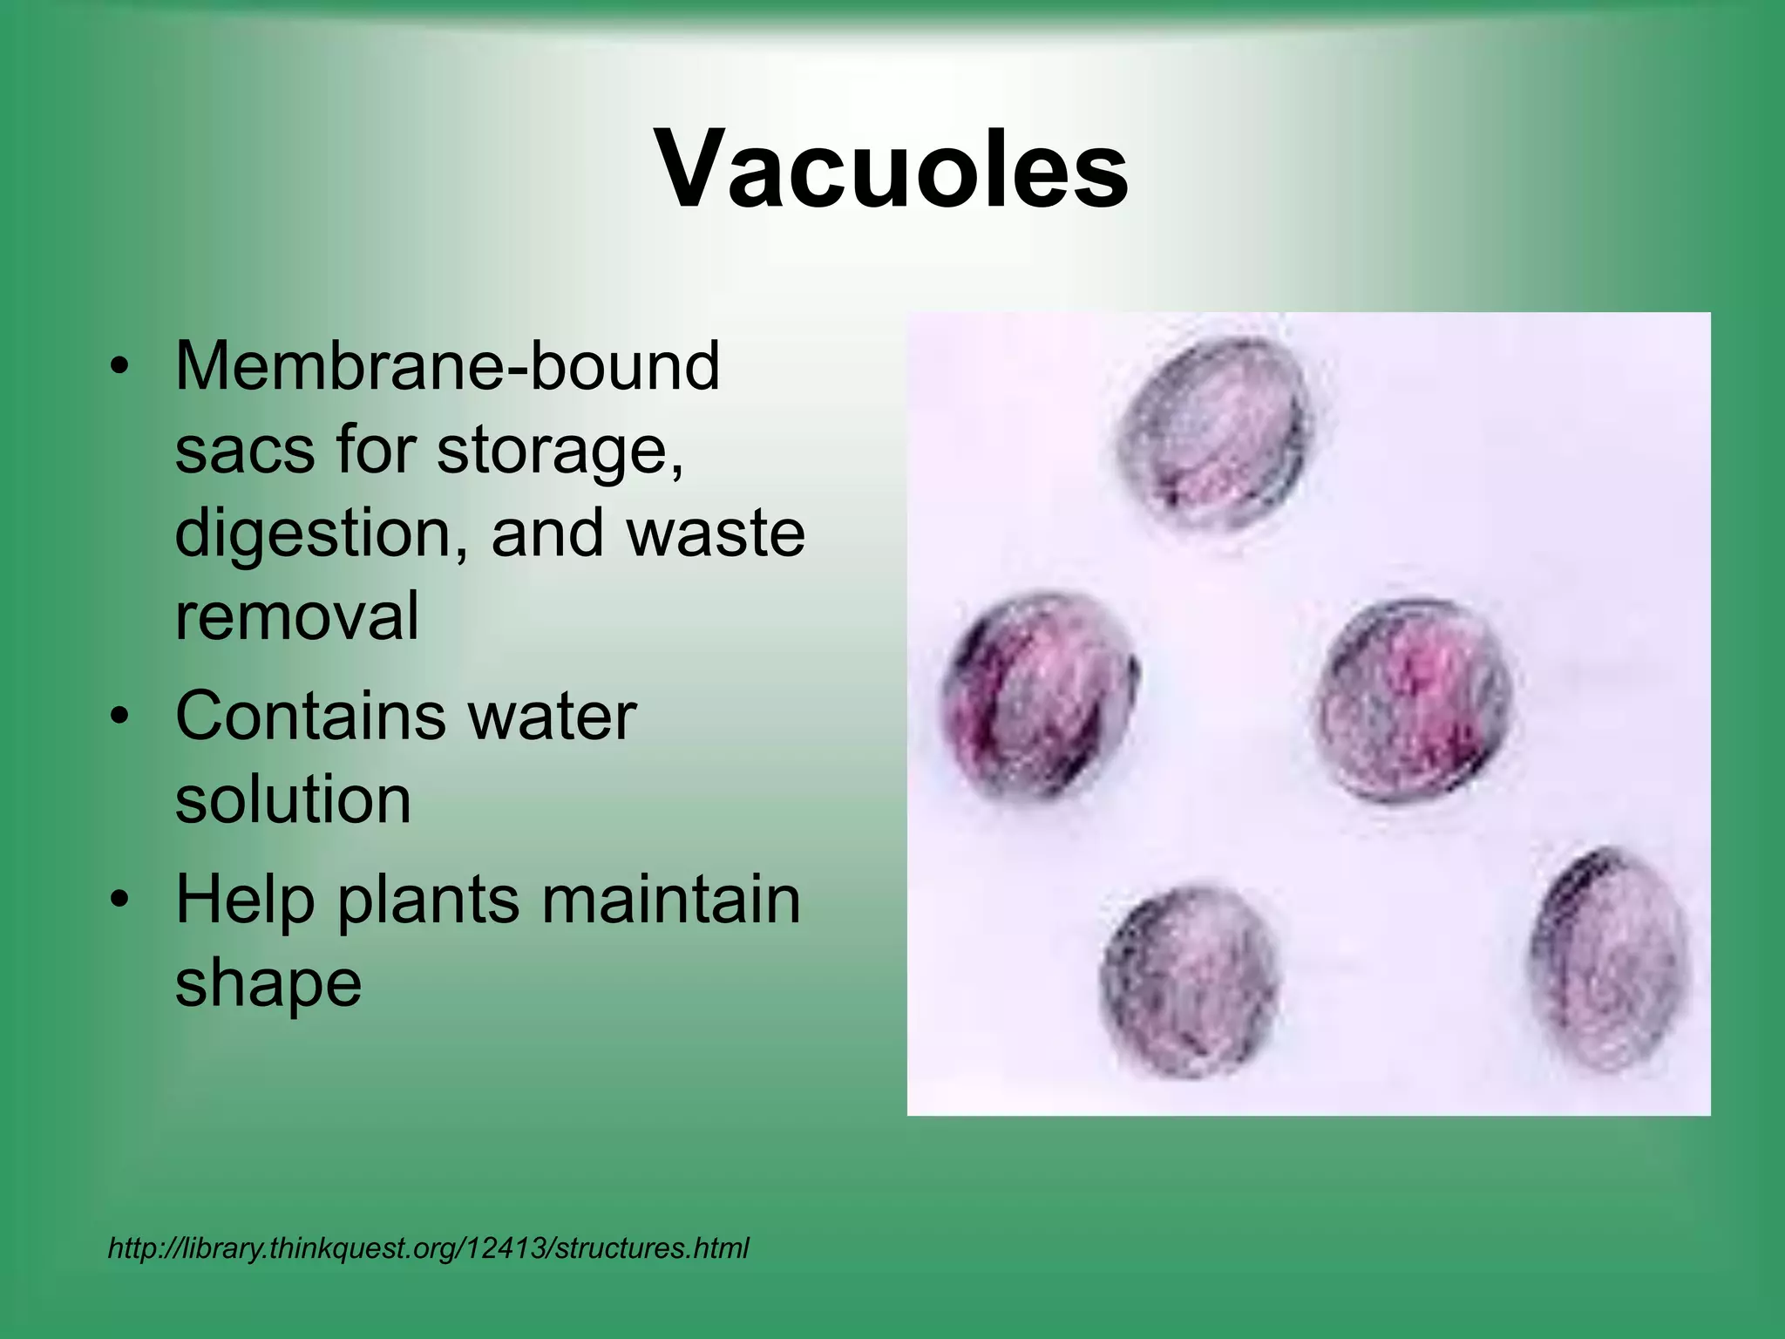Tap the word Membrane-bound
447,366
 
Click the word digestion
315,534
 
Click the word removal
297,615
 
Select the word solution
293,800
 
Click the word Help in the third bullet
244,900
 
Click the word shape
268,983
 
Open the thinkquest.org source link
428,1248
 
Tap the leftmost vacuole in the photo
1040,694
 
